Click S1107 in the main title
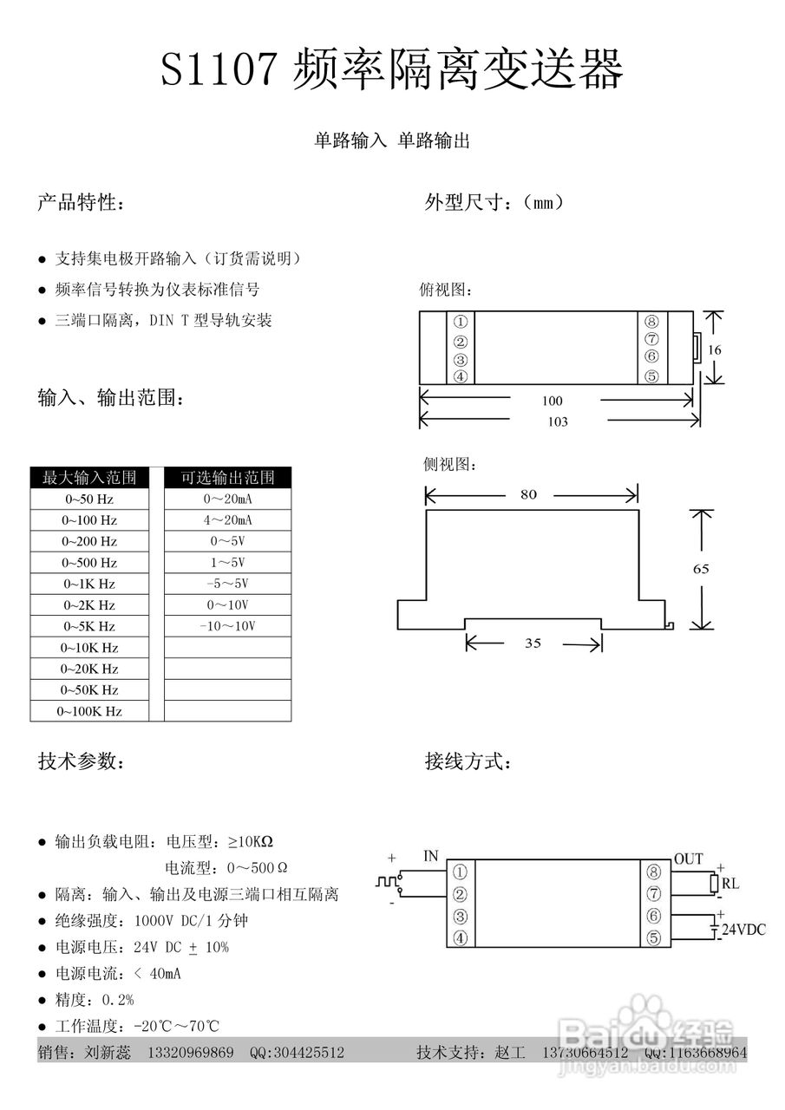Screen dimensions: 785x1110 coord(221,69)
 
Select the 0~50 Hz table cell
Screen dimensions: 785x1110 coord(89,499)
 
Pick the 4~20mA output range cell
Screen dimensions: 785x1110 coord(227,520)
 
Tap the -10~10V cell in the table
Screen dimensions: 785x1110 coord(227,626)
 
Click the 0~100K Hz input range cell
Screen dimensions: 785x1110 coord(89,711)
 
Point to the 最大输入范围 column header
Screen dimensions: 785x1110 coord(89,478)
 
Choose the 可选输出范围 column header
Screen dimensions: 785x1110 coord(227,478)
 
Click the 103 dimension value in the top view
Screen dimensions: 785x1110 coord(559,421)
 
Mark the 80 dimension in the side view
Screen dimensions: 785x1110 coord(528,494)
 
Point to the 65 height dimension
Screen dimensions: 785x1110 coord(701,569)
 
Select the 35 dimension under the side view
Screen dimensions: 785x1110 coord(533,643)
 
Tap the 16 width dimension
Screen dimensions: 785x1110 coord(714,349)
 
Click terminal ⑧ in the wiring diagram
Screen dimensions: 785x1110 coord(654,872)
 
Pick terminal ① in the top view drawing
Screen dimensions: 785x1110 coord(461,322)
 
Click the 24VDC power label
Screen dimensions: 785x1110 coord(744,930)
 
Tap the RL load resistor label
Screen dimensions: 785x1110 coord(730,885)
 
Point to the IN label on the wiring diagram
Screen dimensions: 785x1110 coord(431,856)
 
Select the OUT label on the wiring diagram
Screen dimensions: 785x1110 coord(689,859)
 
